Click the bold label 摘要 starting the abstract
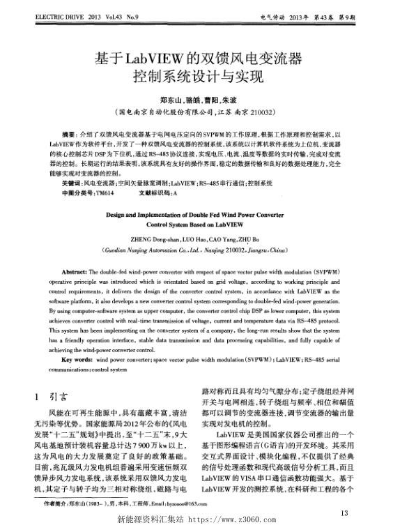(69, 132)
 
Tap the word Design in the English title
(119, 216)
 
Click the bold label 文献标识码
(153, 191)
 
